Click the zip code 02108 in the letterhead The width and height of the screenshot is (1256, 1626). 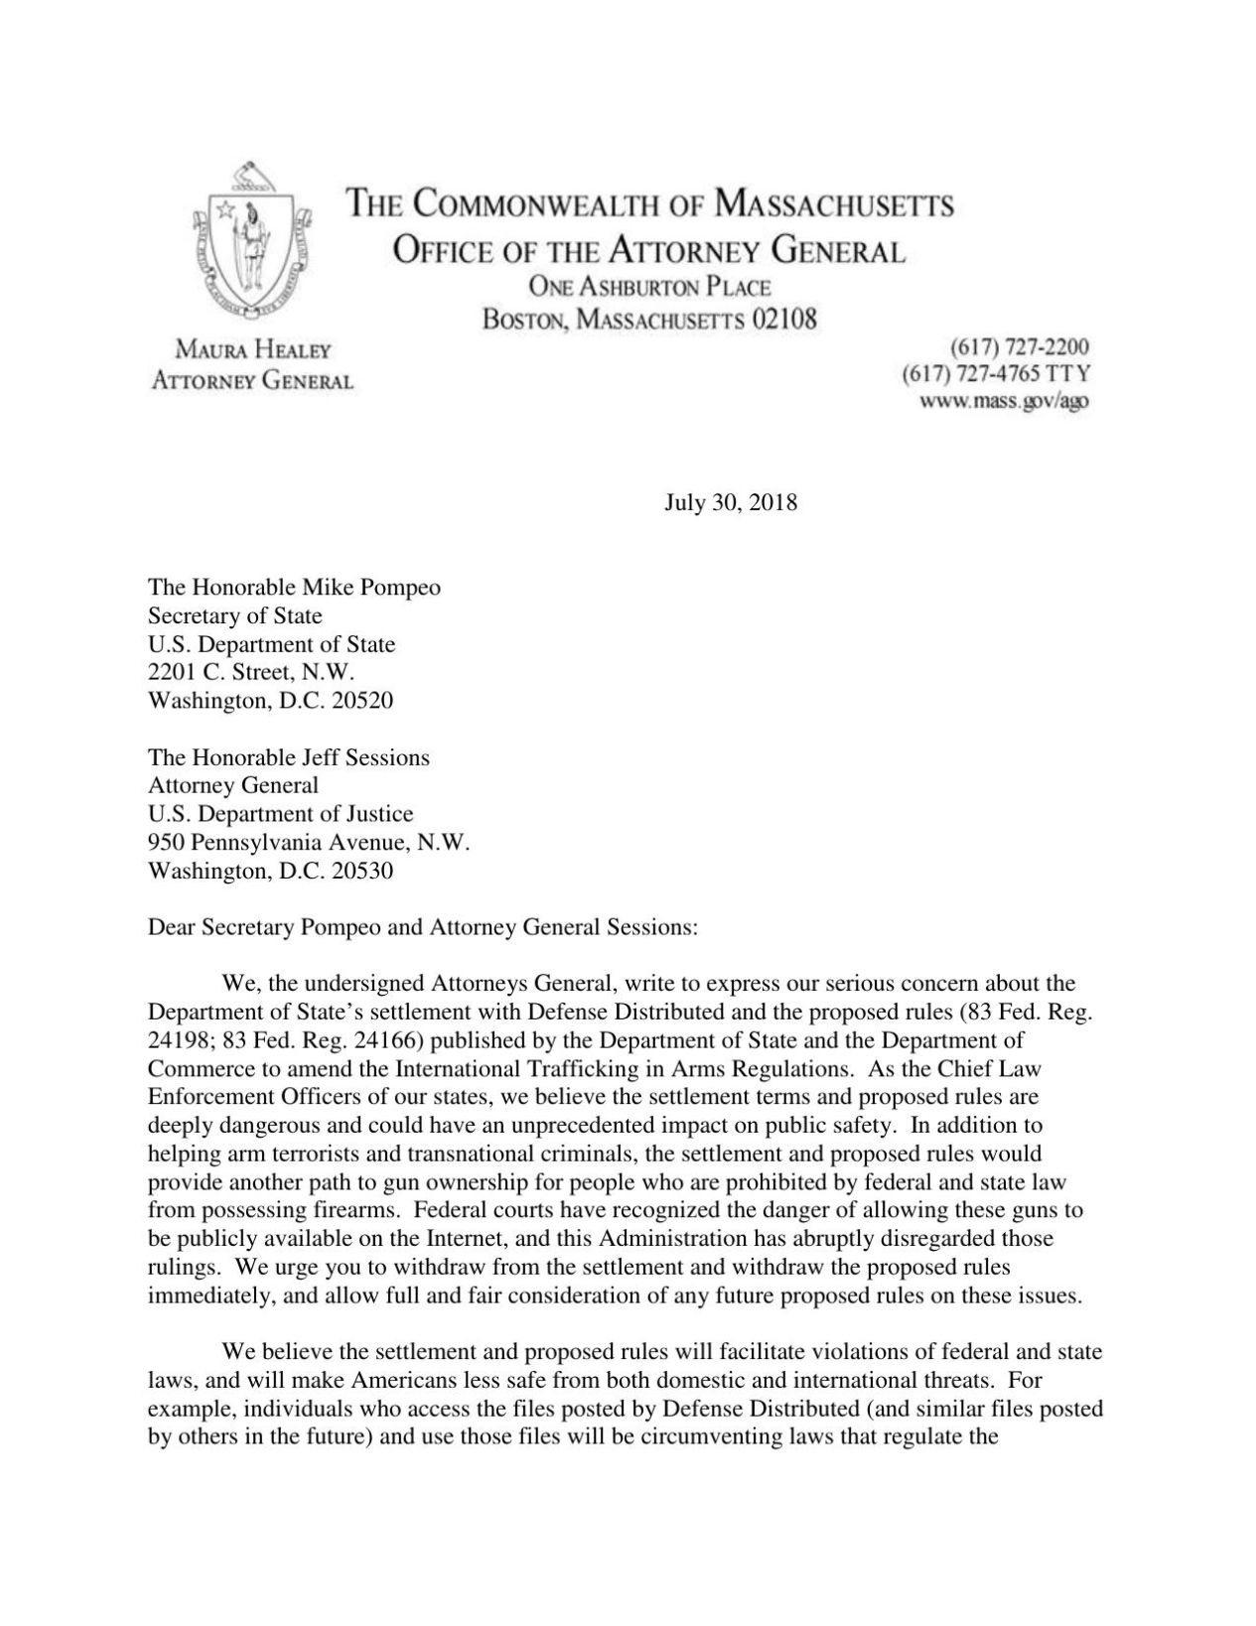coord(783,320)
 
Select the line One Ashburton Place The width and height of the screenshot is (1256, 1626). coord(650,287)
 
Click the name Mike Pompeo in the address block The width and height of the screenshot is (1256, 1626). coord(377,587)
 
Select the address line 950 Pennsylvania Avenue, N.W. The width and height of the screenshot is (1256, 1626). coord(308,843)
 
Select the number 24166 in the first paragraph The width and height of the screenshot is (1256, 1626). coord(388,1041)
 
